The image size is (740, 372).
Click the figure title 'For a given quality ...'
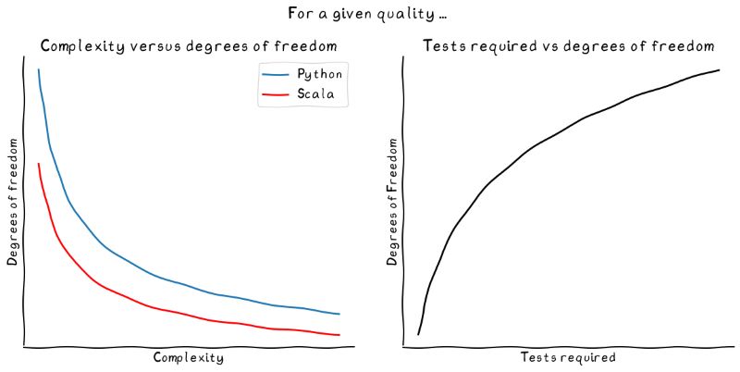pos(369,14)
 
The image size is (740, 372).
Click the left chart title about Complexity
pos(188,46)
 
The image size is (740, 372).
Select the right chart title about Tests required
pos(568,46)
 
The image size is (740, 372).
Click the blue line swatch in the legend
pos(276,74)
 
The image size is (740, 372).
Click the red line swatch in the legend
pos(276,94)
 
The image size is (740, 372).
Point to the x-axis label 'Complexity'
pos(188,357)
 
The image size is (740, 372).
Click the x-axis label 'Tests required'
pos(568,357)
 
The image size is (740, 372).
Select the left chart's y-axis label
pos(13,202)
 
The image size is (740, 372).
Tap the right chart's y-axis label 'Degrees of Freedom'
pos(392,202)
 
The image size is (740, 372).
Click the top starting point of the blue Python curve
pos(38,69)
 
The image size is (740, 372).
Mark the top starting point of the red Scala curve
pos(38,164)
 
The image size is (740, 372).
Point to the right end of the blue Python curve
pos(339,315)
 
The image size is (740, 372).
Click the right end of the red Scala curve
pos(339,335)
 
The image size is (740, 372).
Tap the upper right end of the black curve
pos(719,70)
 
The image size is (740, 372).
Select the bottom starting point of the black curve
pos(418,334)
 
